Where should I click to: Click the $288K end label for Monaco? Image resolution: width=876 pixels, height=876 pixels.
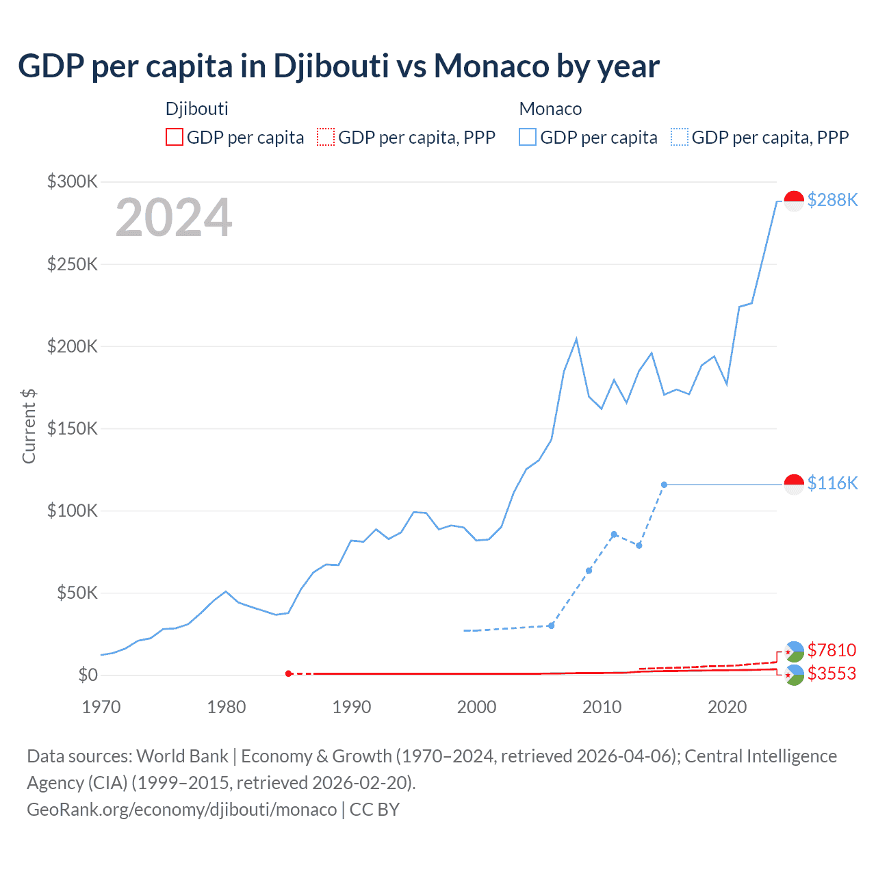832,200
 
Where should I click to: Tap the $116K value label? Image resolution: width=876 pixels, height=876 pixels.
832,483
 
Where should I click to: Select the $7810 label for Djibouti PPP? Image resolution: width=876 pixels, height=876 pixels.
832,649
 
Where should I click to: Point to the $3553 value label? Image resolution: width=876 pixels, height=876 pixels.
832,673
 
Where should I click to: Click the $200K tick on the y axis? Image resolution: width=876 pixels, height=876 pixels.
73,346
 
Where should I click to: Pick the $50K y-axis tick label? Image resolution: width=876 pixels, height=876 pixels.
77,593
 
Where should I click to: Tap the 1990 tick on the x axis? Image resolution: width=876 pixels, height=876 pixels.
351,707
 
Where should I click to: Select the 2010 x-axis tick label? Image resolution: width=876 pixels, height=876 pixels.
602,707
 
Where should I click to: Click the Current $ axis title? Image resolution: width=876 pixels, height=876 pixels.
29,426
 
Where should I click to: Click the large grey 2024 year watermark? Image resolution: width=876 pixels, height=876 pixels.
174,218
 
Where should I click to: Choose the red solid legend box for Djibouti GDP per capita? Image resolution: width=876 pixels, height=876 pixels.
175,137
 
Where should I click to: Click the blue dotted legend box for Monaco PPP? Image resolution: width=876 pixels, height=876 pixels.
680,137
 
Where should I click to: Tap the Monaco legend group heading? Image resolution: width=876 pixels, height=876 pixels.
550,109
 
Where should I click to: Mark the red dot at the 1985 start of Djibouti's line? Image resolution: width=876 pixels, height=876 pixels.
288,673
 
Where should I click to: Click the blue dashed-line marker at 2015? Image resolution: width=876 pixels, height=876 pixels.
664,485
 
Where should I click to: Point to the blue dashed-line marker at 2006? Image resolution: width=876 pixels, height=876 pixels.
551,626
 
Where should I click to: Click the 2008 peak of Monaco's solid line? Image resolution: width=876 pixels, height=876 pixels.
576,339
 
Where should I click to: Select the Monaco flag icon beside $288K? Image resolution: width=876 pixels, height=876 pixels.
794,201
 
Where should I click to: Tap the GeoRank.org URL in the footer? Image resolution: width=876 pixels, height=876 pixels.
182,810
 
